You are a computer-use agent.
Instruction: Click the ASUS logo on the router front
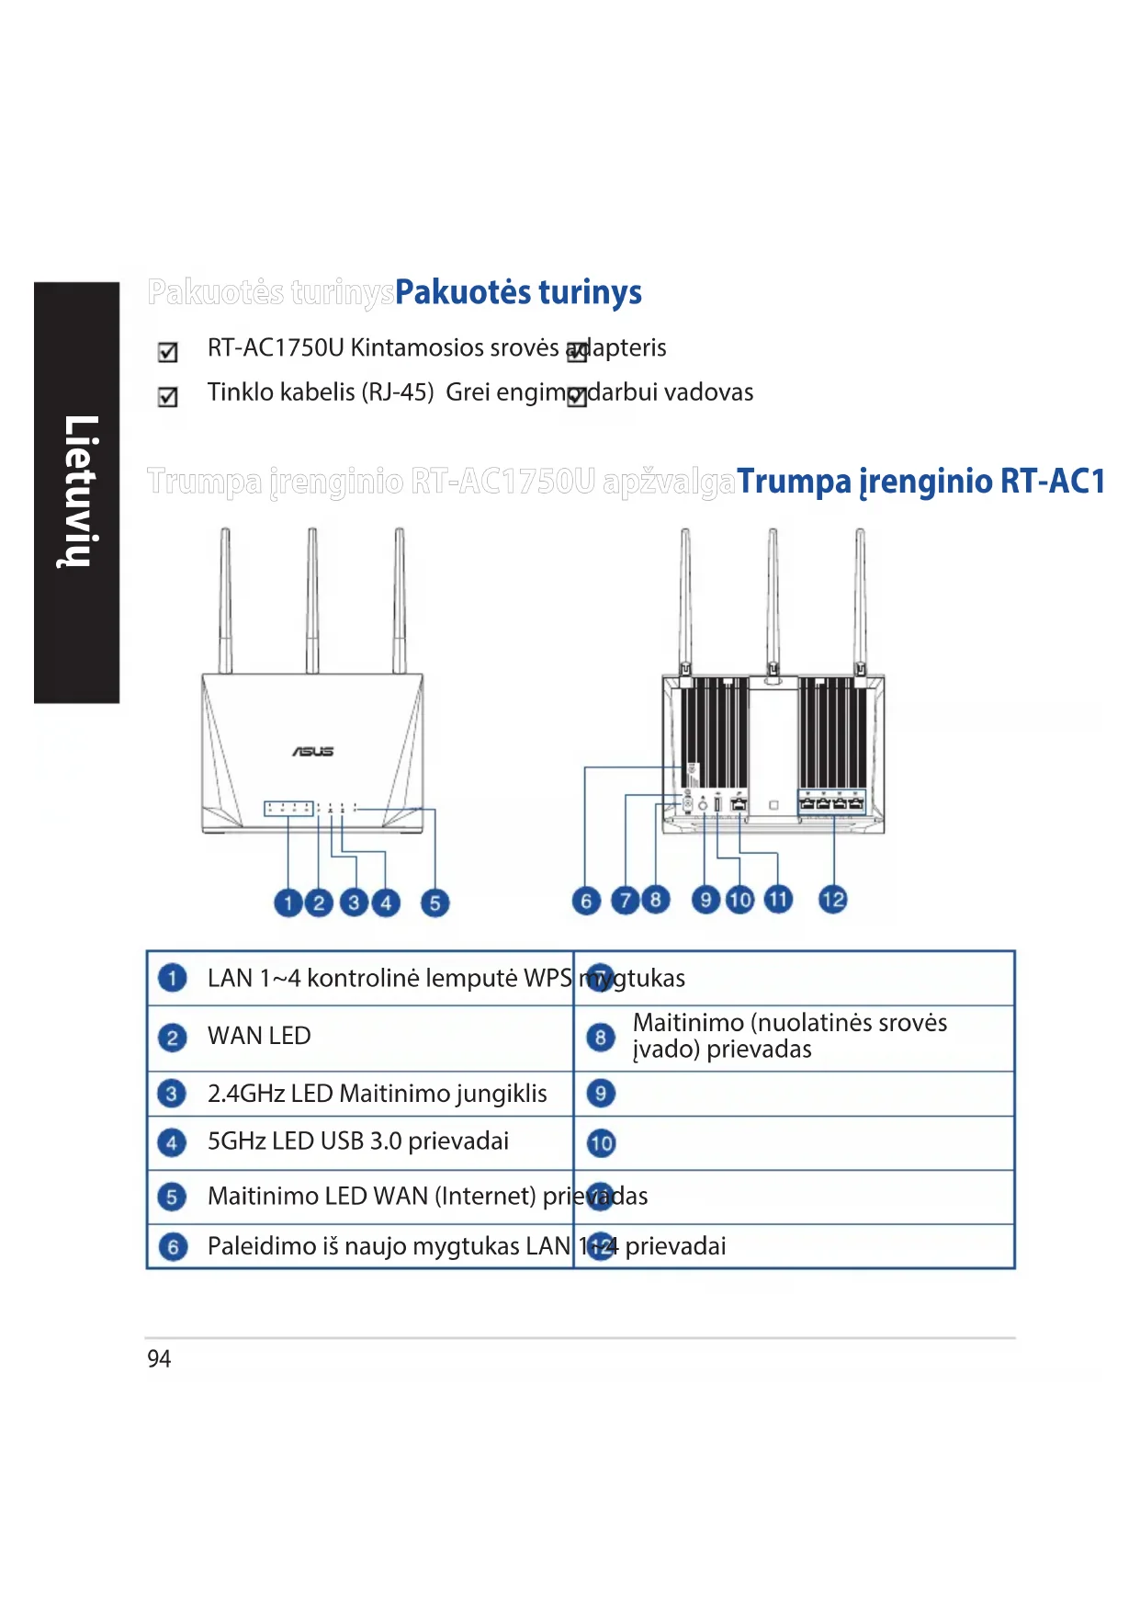coord(313,752)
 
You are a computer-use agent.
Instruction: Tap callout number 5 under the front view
coord(435,902)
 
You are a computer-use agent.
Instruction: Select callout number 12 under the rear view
coord(833,899)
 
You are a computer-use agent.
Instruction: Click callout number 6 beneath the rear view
coord(586,901)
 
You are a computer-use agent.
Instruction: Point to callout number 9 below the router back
coord(705,899)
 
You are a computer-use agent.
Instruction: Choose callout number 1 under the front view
coord(288,902)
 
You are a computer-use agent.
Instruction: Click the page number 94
coord(159,1358)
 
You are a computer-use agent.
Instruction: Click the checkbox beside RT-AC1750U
coord(168,352)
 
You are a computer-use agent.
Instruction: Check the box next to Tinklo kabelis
coord(168,397)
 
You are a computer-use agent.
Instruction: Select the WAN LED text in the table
coord(259,1036)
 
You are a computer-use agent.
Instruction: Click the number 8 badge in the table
coord(600,1038)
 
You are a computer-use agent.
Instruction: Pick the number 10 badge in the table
coord(601,1143)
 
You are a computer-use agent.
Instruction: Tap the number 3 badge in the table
coord(172,1094)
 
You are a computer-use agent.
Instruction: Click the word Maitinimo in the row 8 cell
coord(688,1023)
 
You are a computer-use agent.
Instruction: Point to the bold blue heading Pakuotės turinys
coord(518,292)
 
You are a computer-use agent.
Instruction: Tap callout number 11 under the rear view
coord(778,899)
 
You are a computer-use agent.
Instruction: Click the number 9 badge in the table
coord(600,1094)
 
